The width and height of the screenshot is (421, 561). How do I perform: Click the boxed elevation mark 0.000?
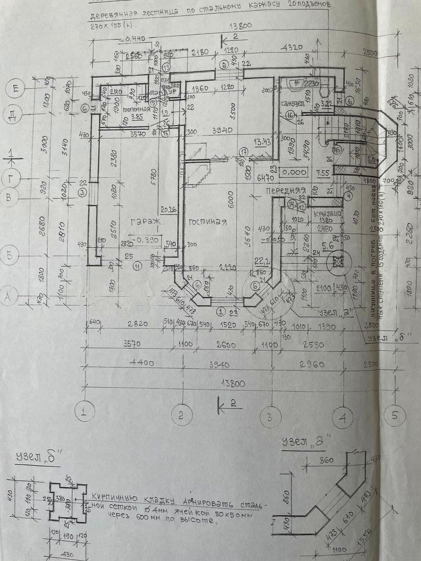[x=293, y=173]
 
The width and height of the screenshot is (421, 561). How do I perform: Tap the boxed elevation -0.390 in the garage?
[x=146, y=240]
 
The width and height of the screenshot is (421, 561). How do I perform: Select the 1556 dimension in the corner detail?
[x=370, y=527]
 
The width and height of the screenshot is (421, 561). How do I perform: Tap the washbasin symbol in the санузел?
[x=296, y=84]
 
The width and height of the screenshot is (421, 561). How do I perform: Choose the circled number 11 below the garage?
[x=137, y=266]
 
